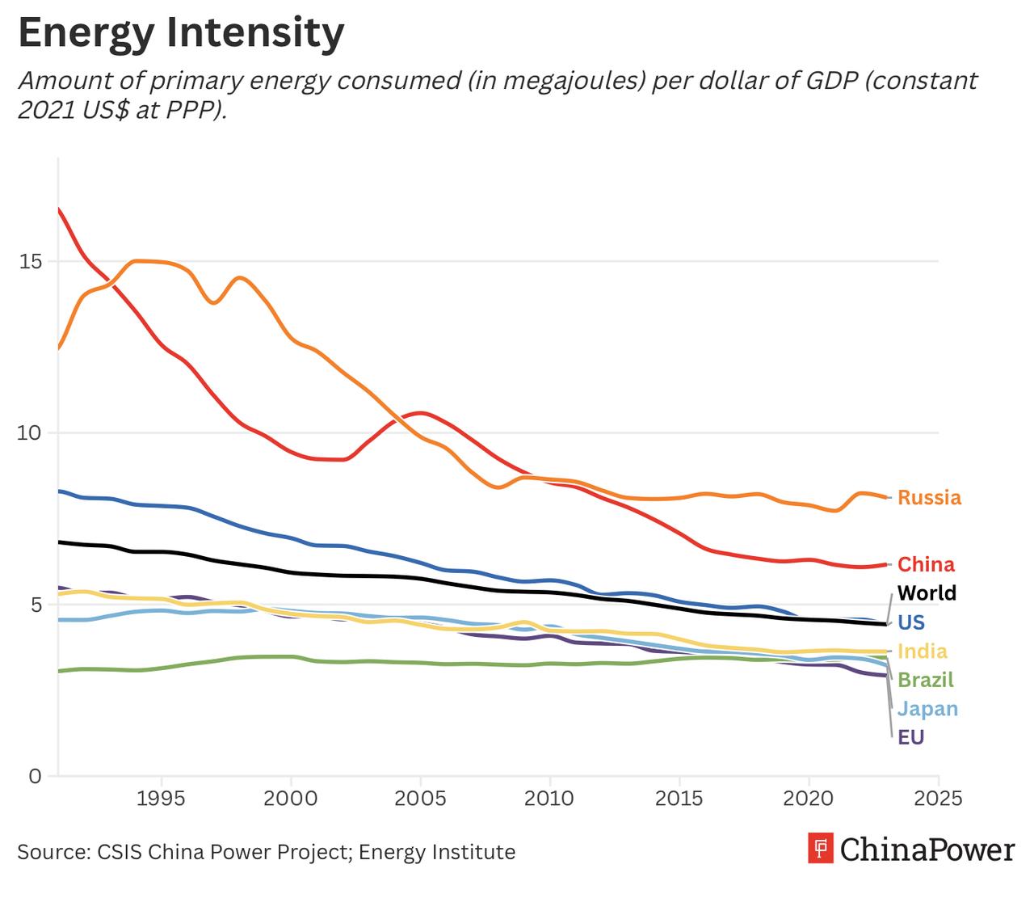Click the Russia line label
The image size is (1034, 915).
929,498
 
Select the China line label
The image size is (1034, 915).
926,564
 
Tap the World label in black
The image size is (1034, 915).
927,593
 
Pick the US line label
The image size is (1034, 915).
911,622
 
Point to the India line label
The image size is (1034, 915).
923,651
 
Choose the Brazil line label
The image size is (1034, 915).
926,680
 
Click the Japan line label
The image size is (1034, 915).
927,709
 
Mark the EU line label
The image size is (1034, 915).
911,737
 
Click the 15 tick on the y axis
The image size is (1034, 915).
33,262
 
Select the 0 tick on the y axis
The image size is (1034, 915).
35,777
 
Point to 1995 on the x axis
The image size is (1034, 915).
162,799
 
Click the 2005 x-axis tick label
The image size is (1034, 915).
420,799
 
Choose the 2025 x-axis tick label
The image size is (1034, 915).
938,799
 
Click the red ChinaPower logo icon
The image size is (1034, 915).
820,849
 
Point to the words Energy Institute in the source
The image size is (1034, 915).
437,853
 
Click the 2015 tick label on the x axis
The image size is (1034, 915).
679,799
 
